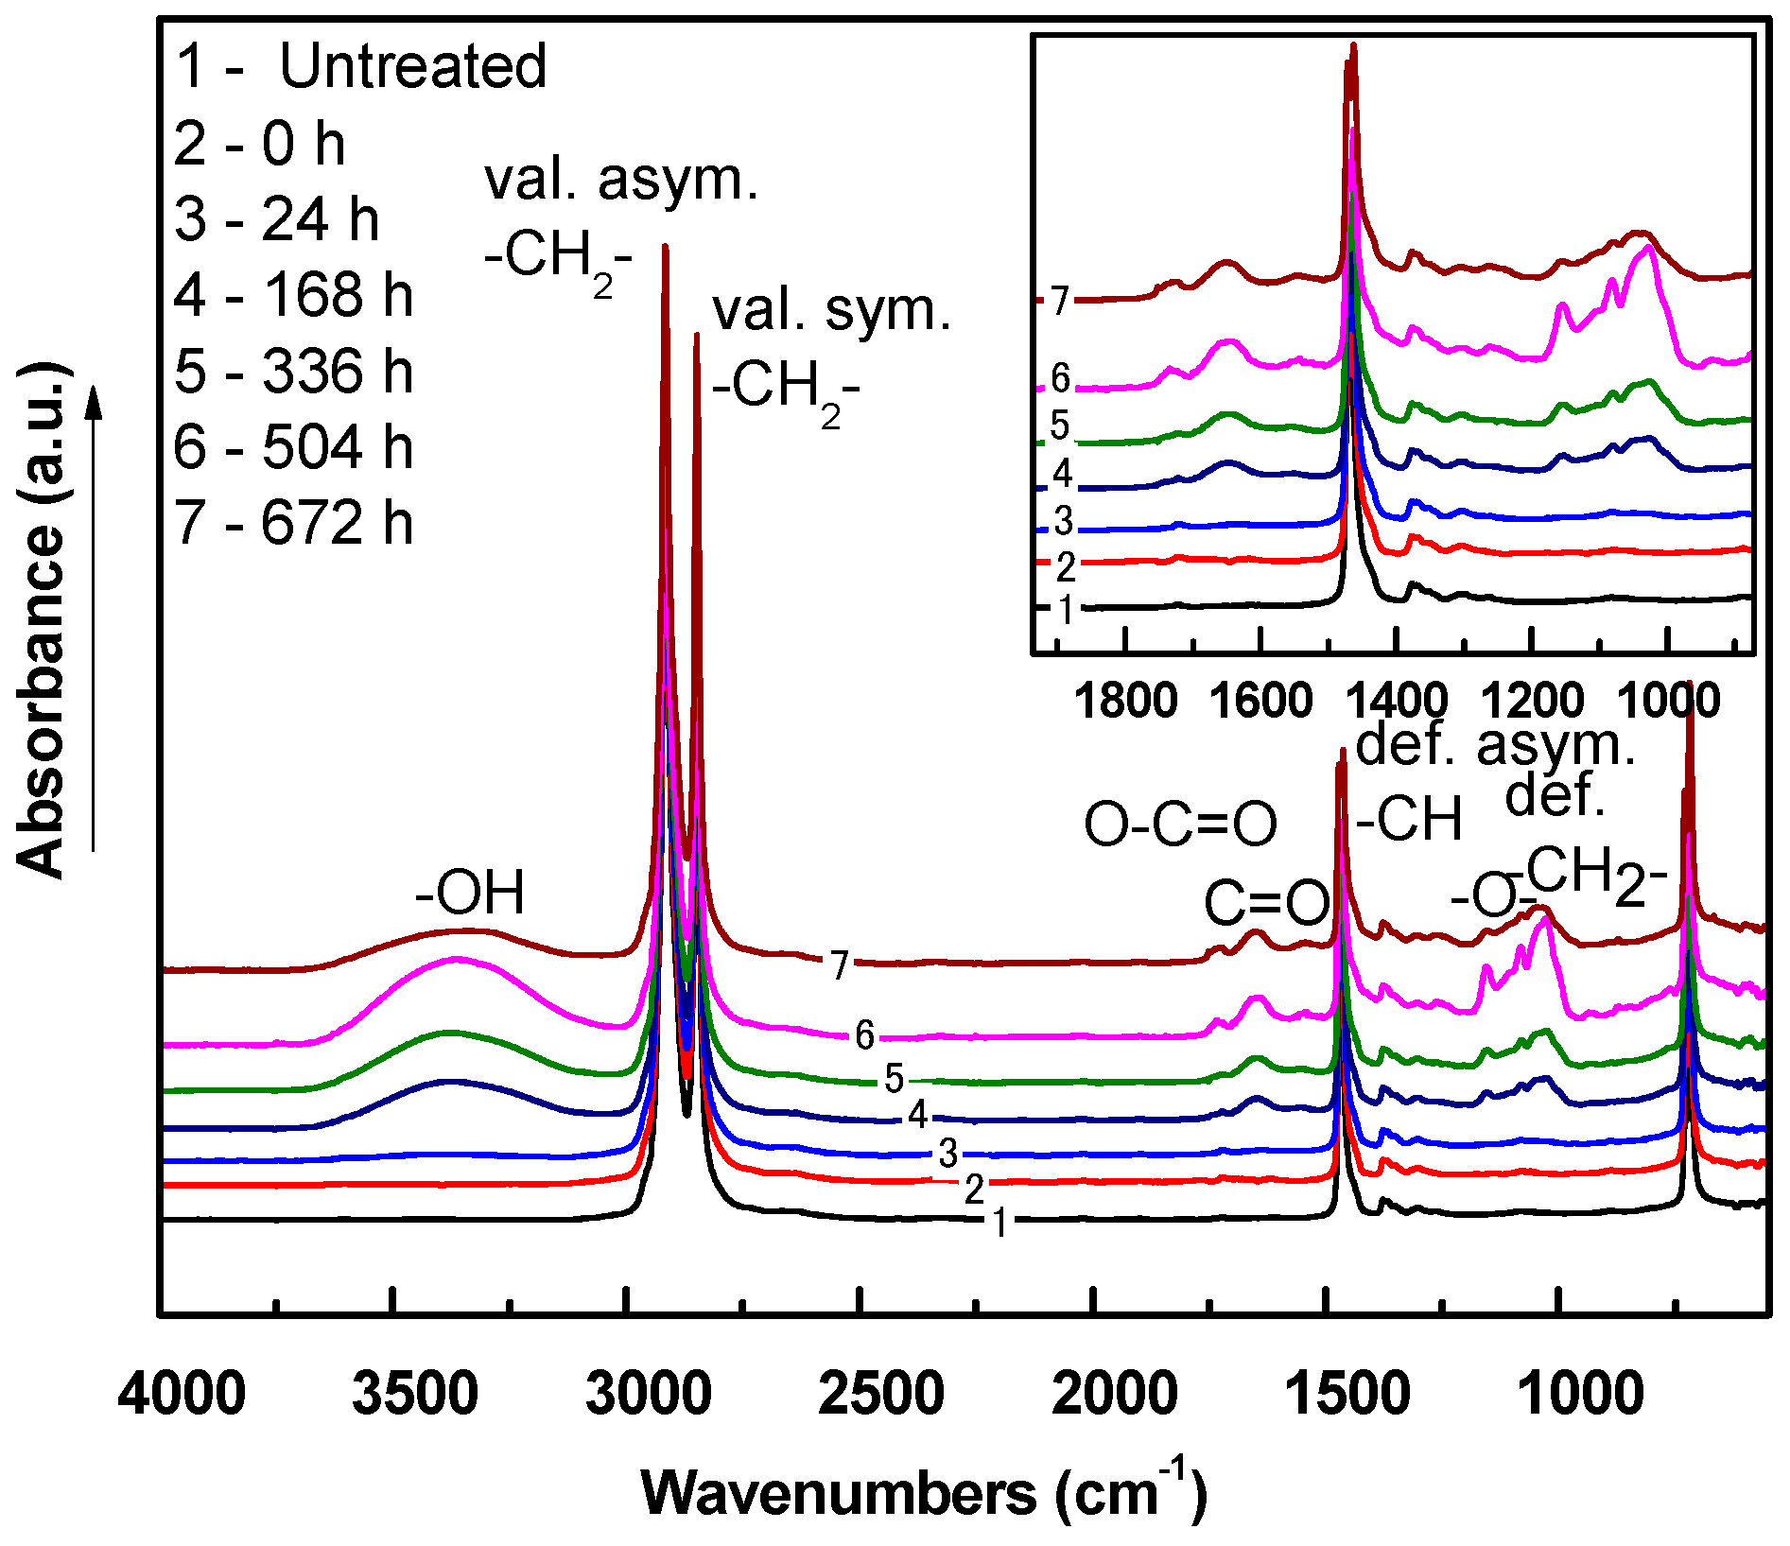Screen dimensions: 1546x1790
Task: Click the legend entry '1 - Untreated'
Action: click(x=361, y=66)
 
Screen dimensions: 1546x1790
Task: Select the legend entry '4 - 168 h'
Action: click(x=294, y=295)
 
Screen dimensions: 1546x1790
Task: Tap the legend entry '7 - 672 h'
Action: click(x=294, y=523)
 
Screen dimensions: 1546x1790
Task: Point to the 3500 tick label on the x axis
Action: click(x=414, y=1395)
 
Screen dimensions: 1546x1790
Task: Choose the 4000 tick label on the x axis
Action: click(x=182, y=1395)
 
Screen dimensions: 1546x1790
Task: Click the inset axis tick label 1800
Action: click(x=1126, y=702)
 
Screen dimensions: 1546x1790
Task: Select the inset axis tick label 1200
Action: click(x=1532, y=702)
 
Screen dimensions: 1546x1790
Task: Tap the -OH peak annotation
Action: click(x=470, y=894)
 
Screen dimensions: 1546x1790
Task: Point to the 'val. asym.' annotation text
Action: click(x=621, y=180)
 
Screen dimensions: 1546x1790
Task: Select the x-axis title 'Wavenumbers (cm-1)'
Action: click(x=924, y=1492)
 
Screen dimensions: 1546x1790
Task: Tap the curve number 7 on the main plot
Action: click(x=840, y=965)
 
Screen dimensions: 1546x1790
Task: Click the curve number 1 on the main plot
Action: click(x=999, y=1223)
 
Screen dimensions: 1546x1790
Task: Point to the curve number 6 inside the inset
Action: click(x=1060, y=379)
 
